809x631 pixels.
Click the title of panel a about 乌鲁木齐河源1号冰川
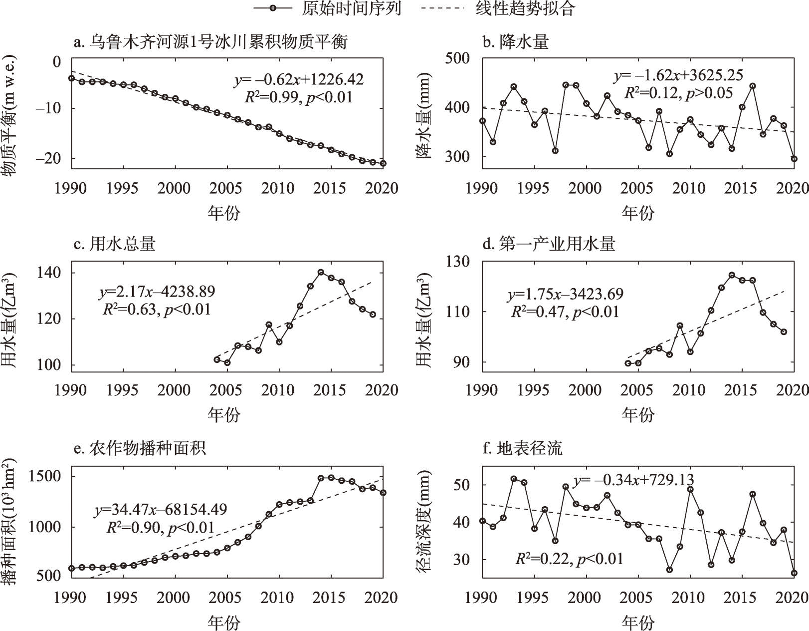tap(210, 41)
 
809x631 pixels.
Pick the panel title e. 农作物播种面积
tap(140, 448)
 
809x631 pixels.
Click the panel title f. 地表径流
tap(523, 448)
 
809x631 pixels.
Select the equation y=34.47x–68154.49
tap(161, 510)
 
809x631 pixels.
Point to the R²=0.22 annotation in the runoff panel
tap(569, 559)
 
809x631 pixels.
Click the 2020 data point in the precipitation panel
tap(794, 159)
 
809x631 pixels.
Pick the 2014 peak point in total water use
tap(321, 273)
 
